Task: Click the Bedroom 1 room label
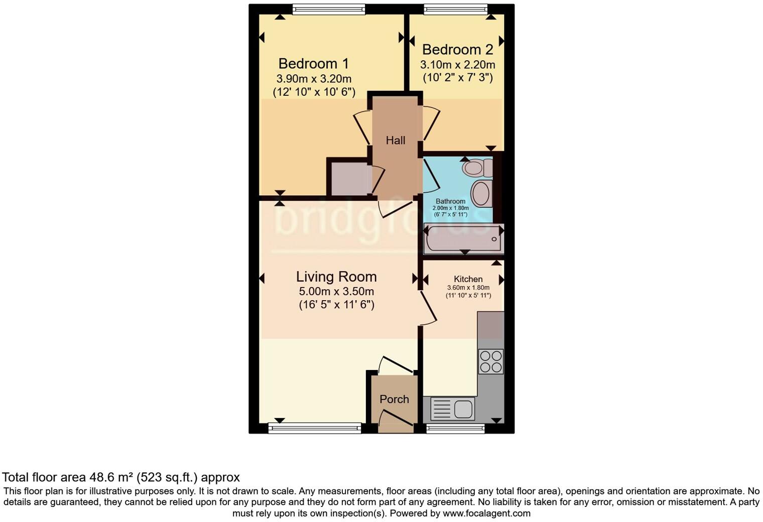coord(313,64)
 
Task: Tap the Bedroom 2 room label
coord(457,50)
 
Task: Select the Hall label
coord(396,141)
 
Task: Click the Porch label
coord(394,400)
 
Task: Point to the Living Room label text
coord(336,277)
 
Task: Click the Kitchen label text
coord(468,280)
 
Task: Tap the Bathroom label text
coord(450,201)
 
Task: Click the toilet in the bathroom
coord(478,167)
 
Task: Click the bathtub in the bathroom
coord(463,239)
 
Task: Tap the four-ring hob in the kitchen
coord(490,361)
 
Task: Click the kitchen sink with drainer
coord(452,409)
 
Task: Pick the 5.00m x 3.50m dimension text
coord(336,292)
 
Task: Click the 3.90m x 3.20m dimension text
coord(314,79)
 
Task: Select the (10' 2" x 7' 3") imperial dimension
coord(457,77)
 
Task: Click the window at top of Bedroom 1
coord(329,9)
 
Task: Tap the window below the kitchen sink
coord(455,428)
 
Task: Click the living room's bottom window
coord(314,428)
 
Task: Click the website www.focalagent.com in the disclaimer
coord(486,513)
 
